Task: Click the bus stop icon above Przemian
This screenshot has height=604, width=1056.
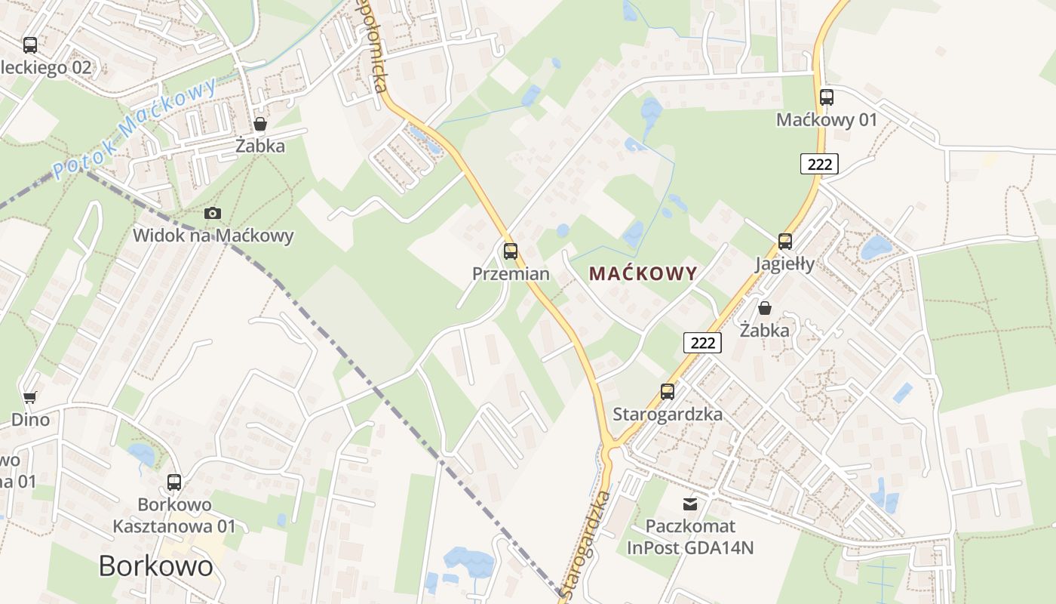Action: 511,251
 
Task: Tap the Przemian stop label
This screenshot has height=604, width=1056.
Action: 511,273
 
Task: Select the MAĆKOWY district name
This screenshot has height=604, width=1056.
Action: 643,273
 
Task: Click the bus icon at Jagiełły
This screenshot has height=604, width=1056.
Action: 785,242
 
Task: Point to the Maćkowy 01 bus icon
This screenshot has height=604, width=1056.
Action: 827,97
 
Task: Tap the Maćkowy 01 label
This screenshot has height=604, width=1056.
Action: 827,120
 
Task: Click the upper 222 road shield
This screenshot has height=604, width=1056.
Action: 819,164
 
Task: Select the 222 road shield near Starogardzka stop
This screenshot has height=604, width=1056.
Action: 702,343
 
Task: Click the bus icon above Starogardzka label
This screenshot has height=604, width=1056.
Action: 668,392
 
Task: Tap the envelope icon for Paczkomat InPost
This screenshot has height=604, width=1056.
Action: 690,504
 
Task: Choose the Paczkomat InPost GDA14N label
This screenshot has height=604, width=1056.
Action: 690,536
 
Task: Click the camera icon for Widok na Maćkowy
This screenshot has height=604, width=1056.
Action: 213,214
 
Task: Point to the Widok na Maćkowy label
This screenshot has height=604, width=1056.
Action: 213,236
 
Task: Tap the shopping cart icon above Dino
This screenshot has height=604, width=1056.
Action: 30,397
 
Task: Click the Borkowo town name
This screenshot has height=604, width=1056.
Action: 156,565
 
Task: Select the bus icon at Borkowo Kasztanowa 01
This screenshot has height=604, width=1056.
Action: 174,482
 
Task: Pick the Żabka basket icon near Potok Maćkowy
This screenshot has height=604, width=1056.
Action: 260,124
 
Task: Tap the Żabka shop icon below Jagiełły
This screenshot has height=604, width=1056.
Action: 765,308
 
